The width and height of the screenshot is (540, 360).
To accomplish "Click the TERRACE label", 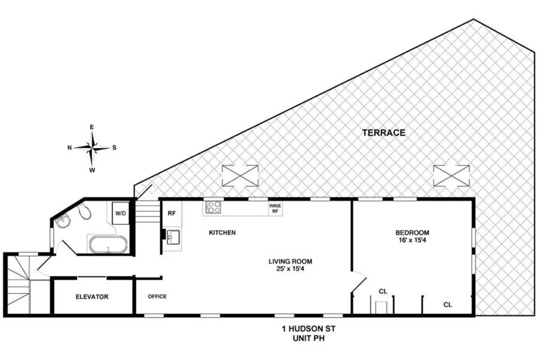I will tap(383, 133).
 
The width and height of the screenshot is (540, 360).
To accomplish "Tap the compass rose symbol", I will tap(92, 147).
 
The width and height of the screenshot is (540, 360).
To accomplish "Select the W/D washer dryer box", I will tap(121, 213).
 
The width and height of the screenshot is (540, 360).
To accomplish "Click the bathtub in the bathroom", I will tap(107, 245).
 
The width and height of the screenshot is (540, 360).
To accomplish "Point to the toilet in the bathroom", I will tap(84, 211).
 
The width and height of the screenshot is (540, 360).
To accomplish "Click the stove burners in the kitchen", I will tap(214, 208).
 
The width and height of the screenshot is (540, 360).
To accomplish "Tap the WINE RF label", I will tap(275, 208).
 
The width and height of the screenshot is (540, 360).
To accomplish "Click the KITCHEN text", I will tap(222, 232).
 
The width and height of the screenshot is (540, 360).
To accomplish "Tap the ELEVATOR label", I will tap(91, 296).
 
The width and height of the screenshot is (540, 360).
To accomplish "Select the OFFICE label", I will tap(157, 296).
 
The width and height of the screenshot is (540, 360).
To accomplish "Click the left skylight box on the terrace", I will tap(240, 176).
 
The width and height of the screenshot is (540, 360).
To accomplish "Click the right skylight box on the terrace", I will tap(451, 176).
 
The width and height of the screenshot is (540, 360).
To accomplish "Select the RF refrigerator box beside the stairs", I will tap(172, 213).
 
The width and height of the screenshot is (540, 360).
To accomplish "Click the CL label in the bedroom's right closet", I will tap(448, 305).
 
